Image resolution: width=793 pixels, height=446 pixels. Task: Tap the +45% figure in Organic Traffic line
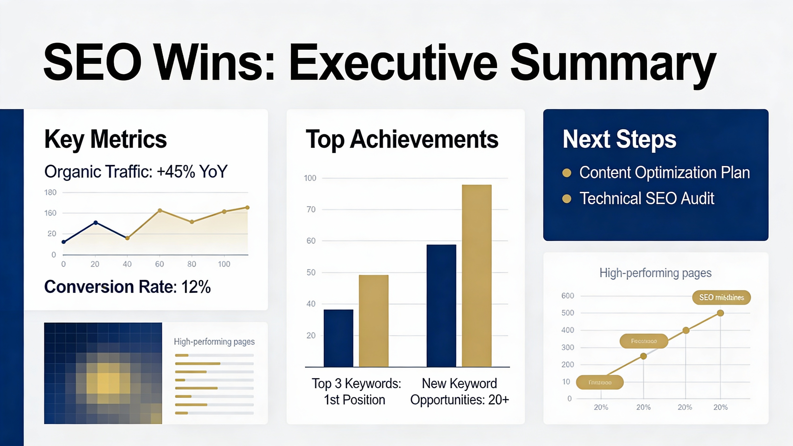point(176,172)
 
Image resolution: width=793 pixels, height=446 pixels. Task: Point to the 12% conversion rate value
point(196,287)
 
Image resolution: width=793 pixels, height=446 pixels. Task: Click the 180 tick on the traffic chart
point(50,193)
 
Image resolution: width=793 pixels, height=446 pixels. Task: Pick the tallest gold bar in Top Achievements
point(477,276)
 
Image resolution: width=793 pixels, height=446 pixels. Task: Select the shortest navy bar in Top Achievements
point(338,338)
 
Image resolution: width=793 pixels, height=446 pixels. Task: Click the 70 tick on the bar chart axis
point(311,210)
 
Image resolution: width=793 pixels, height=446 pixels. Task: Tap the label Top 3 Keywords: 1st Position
point(356,391)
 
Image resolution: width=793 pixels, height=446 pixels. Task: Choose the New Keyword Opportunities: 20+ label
point(459,391)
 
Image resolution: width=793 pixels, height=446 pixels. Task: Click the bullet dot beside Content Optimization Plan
point(566,173)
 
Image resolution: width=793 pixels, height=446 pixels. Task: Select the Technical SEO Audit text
point(647,198)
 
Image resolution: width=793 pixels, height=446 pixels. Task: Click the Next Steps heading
point(619,139)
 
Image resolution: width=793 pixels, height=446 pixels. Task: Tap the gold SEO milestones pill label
point(721,298)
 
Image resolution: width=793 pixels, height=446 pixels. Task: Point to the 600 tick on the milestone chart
point(568,296)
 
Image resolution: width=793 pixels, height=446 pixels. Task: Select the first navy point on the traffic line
point(64,242)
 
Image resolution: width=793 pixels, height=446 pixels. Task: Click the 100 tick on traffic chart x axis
point(224,264)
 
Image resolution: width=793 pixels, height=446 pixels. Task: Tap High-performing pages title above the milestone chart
point(655,273)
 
